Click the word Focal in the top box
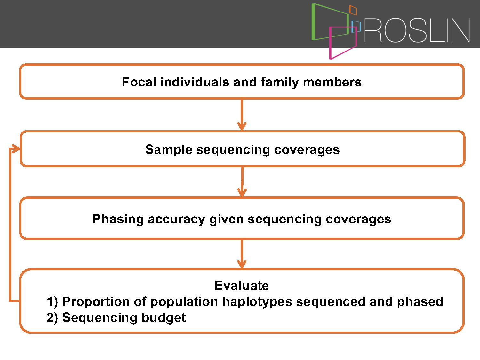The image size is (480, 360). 139,82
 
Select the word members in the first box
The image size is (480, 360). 332,82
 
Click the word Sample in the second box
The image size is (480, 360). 169,150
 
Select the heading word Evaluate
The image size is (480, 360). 242,285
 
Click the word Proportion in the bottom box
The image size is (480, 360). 96,302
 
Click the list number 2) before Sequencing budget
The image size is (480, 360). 52,318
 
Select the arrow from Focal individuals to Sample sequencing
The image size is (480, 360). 242,115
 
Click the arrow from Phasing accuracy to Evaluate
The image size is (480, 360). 242,254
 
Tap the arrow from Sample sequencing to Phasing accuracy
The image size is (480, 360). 242,182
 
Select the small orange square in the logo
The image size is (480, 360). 353,10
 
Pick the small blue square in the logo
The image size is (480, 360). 356,27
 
